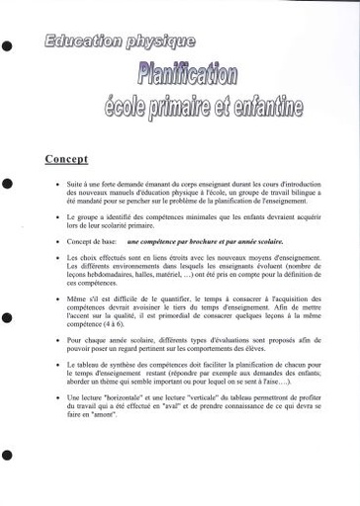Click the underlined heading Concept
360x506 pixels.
click(x=67, y=158)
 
